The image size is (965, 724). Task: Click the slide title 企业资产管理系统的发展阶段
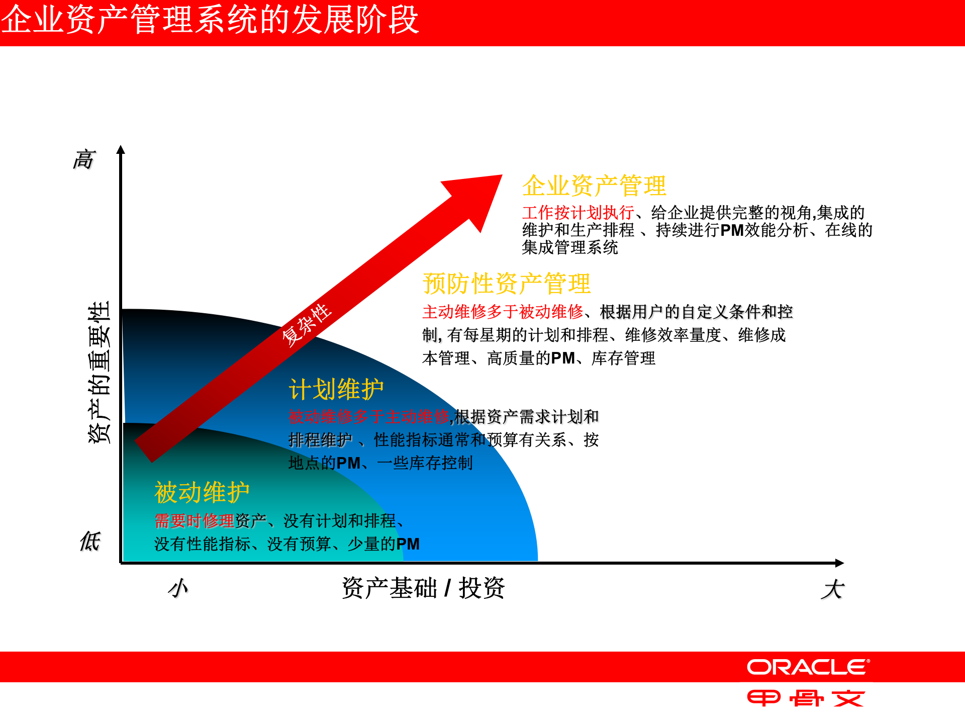click(210, 20)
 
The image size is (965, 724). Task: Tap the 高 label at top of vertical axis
click(84, 159)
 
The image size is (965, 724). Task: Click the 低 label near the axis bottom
click(90, 541)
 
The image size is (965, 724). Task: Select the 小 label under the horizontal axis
click(178, 588)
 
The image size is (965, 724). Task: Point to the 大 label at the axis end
click(832, 589)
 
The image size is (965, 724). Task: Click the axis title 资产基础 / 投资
click(423, 588)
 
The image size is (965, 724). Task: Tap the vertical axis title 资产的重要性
click(99, 372)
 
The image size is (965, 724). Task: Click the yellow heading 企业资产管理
click(594, 186)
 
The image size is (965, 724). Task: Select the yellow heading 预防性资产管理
click(507, 284)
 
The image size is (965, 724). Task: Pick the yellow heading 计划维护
click(336, 389)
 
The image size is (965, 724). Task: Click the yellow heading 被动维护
click(202, 492)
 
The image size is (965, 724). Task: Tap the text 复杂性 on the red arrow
click(306, 325)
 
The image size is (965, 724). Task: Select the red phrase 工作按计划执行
click(578, 213)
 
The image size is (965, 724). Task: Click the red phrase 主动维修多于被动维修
click(503, 312)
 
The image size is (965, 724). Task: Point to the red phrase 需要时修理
click(194, 521)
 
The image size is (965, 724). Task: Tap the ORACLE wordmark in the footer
click(808, 667)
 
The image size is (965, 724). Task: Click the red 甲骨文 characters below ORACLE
click(806, 698)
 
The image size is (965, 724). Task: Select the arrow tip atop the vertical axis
click(121, 150)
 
